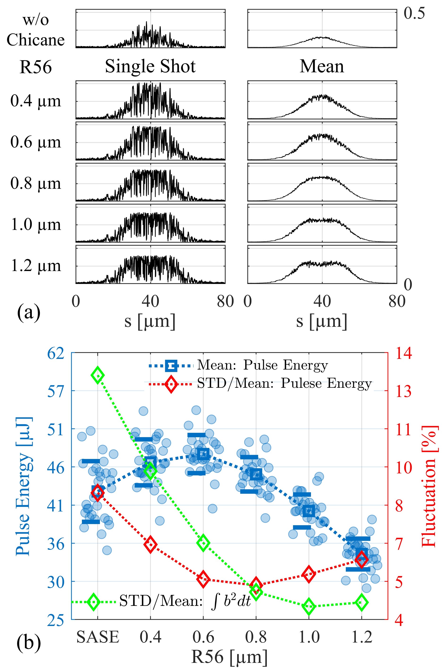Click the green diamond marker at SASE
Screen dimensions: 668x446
click(x=97, y=375)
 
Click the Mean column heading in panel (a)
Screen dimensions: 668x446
click(x=322, y=66)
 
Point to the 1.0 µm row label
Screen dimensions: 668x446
click(x=36, y=225)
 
